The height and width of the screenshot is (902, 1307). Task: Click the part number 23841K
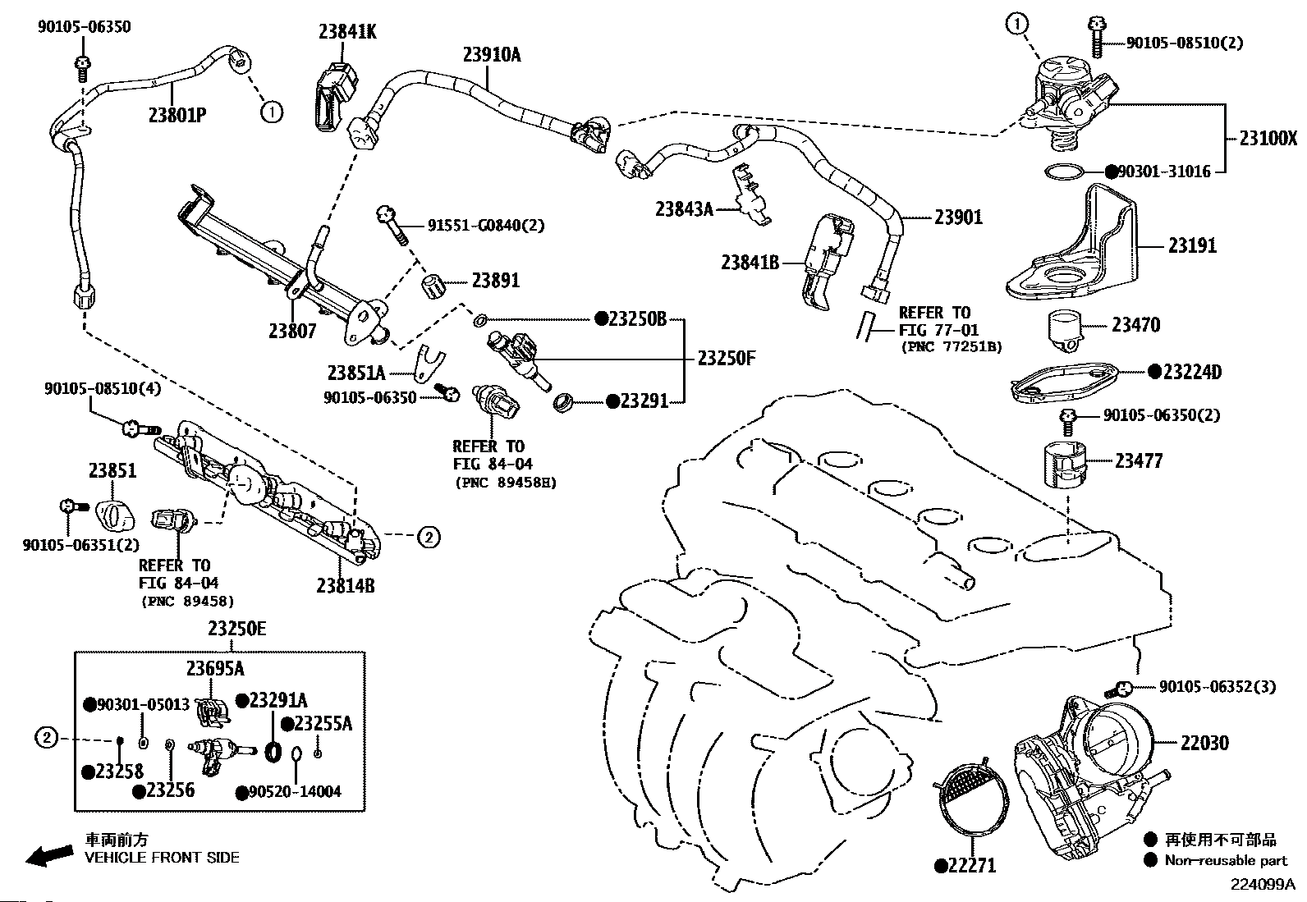coord(347,31)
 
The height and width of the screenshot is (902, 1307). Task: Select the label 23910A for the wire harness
coord(492,54)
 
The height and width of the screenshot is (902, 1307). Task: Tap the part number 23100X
coord(1268,138)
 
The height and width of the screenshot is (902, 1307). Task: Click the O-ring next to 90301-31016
coord(1064,172)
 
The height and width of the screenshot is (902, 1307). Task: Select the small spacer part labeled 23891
coord(433,286)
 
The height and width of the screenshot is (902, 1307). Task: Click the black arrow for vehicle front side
coord(49,855)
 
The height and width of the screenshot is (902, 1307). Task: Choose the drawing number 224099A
coord(1263,885)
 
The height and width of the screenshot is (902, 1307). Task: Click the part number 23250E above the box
coord(237,629)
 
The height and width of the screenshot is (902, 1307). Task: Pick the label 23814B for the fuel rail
coord(346,585)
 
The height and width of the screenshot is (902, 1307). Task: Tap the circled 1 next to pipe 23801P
coord(271,112)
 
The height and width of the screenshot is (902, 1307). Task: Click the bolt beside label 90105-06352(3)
coord(1118,689)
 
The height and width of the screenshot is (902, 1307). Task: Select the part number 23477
coord(1139,461)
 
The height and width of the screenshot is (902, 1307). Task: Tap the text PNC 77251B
coord(952,346)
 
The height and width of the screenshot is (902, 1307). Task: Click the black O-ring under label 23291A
coord(273,752)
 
